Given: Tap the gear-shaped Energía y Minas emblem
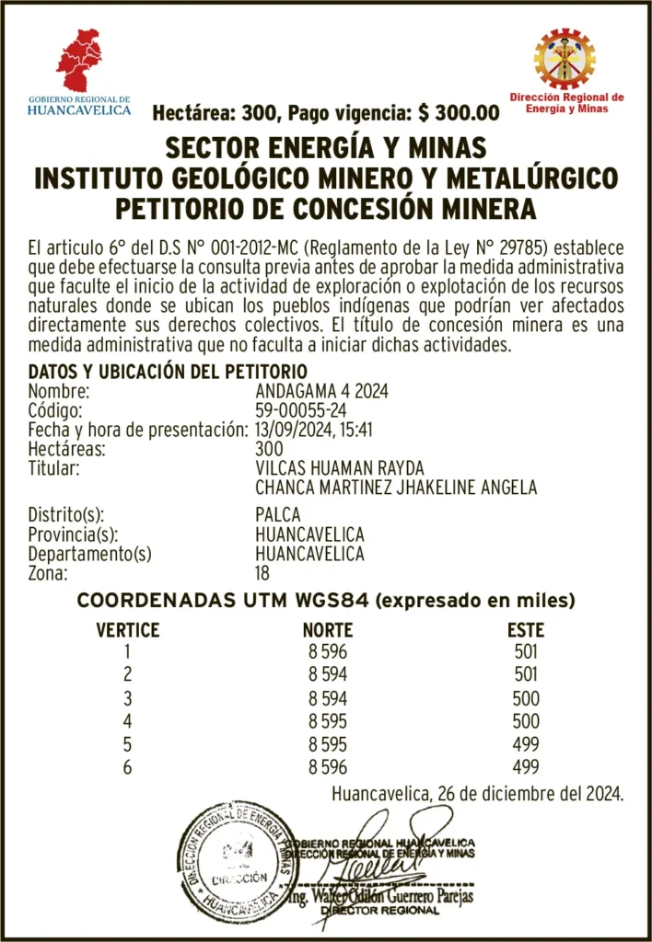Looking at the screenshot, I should (x=565, y=58).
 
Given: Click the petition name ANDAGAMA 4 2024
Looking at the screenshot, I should (x=321, y=391).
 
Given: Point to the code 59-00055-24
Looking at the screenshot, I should (x=301, y=410).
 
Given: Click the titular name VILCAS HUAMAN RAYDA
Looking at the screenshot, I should (x=339, y=468).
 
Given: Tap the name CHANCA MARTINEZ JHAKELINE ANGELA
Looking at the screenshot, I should (x=395, y=488).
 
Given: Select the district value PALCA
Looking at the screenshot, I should (x=277, y=515).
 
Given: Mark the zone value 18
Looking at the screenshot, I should (x=263, y=573).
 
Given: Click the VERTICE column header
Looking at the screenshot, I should (x=128, y=631).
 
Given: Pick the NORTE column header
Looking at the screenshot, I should (x=327, y=631).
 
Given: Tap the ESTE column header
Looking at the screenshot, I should (x=525, y=631).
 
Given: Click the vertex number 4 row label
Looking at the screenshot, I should (x=128, y=721).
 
